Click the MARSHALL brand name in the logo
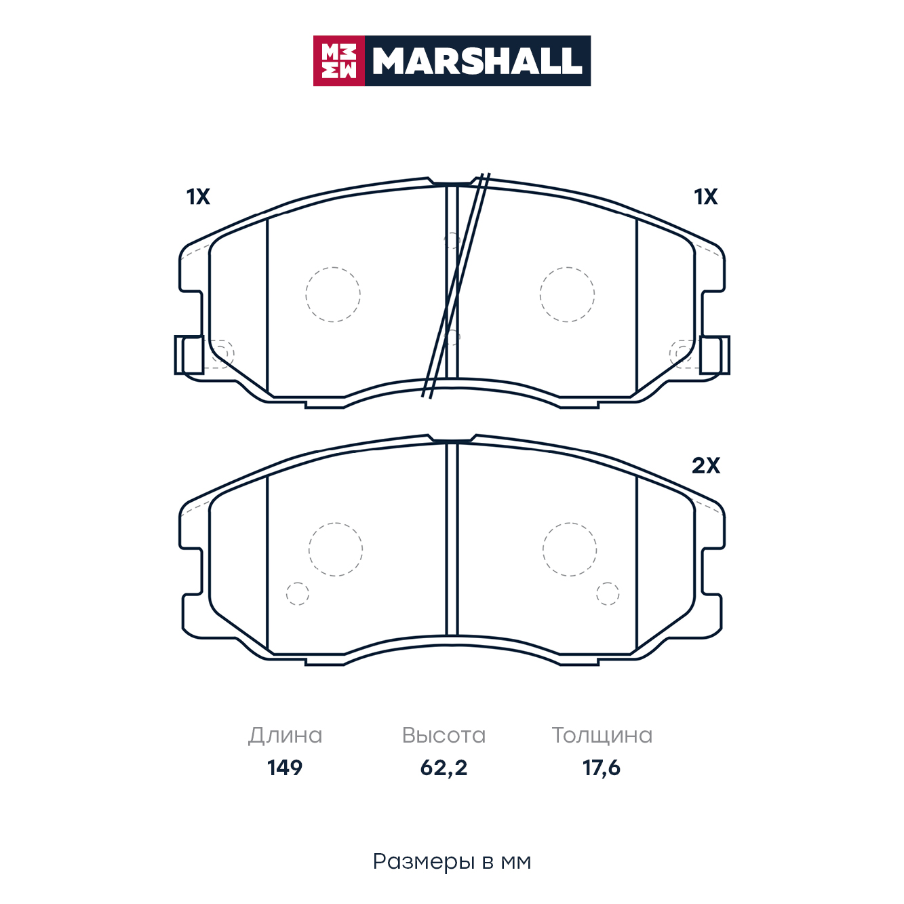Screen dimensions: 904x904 [477, 61]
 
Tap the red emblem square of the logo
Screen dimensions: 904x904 [338, 61]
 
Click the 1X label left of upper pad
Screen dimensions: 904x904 [198, 197]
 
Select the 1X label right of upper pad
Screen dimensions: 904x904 [705, 197]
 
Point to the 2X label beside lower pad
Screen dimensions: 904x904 [705, 466]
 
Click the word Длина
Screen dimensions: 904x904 [286, 736]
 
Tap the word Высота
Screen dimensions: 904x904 [444, 736]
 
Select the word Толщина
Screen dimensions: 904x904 [602, 736]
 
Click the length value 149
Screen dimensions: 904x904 [285, 768]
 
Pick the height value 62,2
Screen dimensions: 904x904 [444, 768]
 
